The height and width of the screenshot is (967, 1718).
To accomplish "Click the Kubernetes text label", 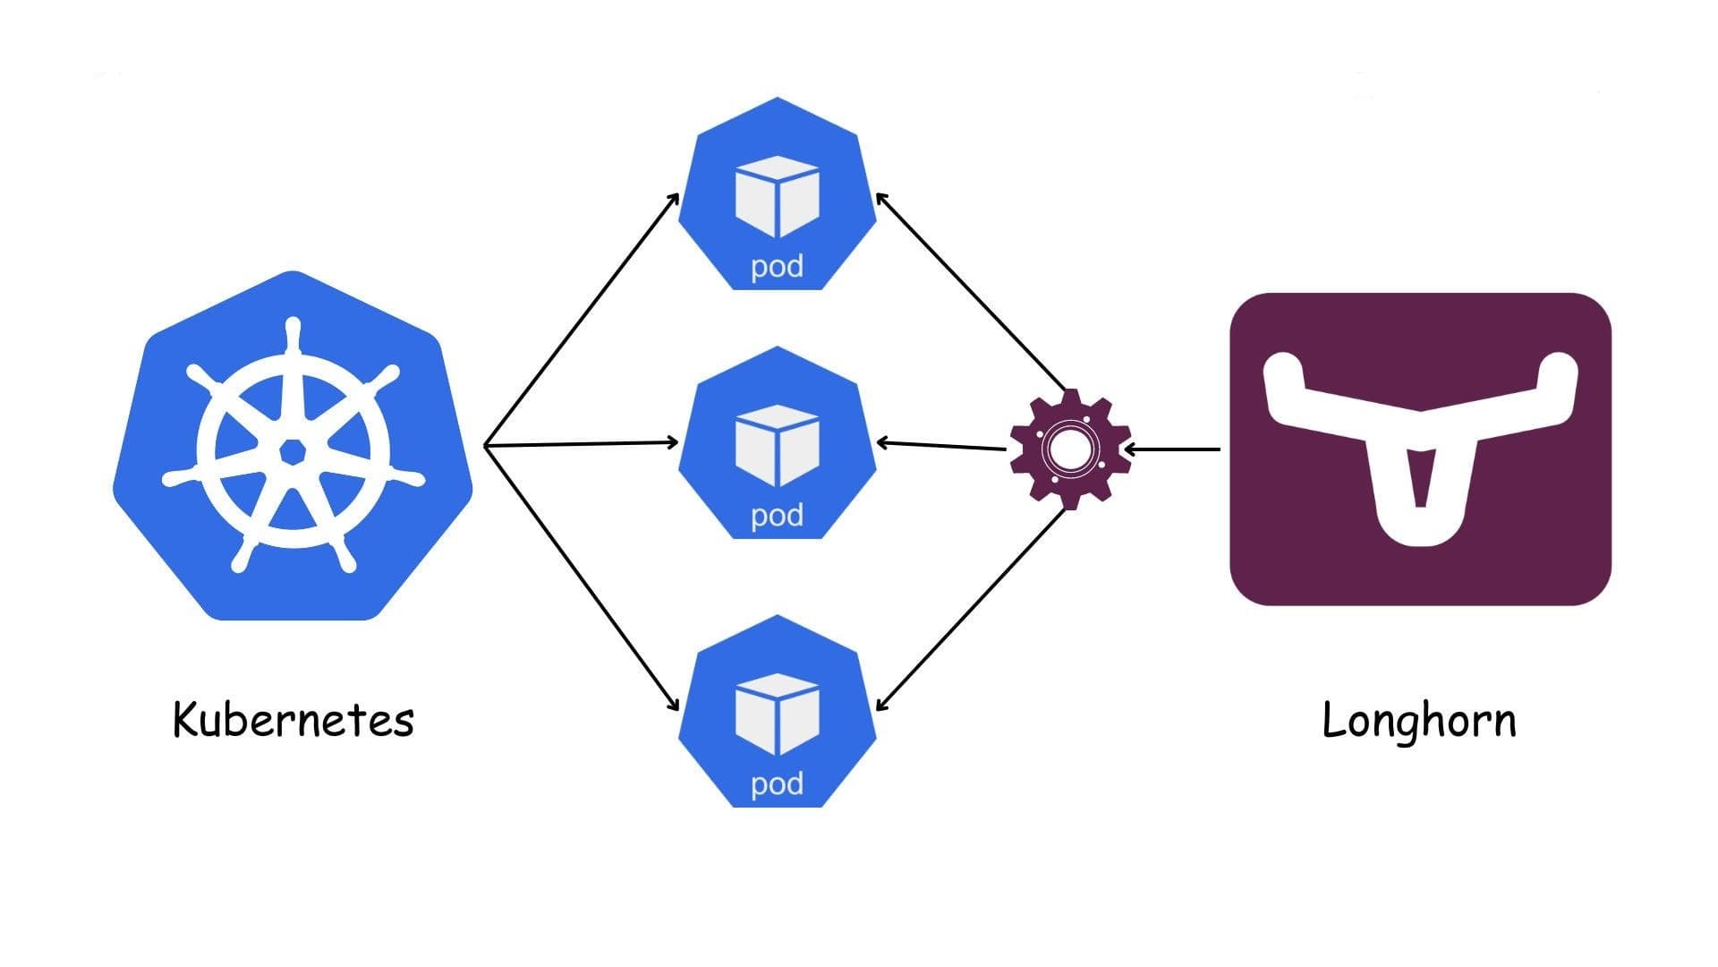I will click(293, 720).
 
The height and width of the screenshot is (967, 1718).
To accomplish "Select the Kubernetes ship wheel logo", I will click(293, 446).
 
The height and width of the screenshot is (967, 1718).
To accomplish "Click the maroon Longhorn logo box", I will click(1420, 449).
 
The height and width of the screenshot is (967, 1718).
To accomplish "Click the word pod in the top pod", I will click(777, 267).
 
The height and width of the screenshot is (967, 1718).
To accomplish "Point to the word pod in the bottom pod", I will click(777, 784).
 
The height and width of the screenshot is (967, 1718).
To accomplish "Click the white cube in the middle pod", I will click(777, 445).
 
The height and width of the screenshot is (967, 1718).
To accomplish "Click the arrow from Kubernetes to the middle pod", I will click(582, 443).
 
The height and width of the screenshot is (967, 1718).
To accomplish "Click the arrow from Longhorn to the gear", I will click(1172, 449).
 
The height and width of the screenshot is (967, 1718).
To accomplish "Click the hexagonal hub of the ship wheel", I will click(292, 452).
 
